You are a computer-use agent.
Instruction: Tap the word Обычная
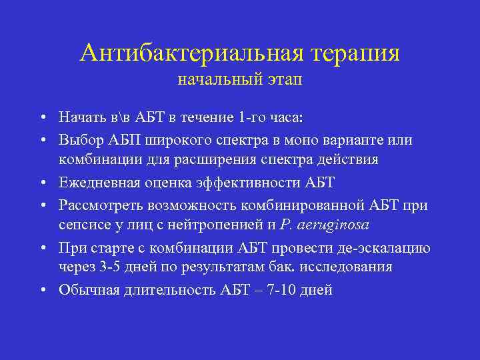click(x=87, y=290)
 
